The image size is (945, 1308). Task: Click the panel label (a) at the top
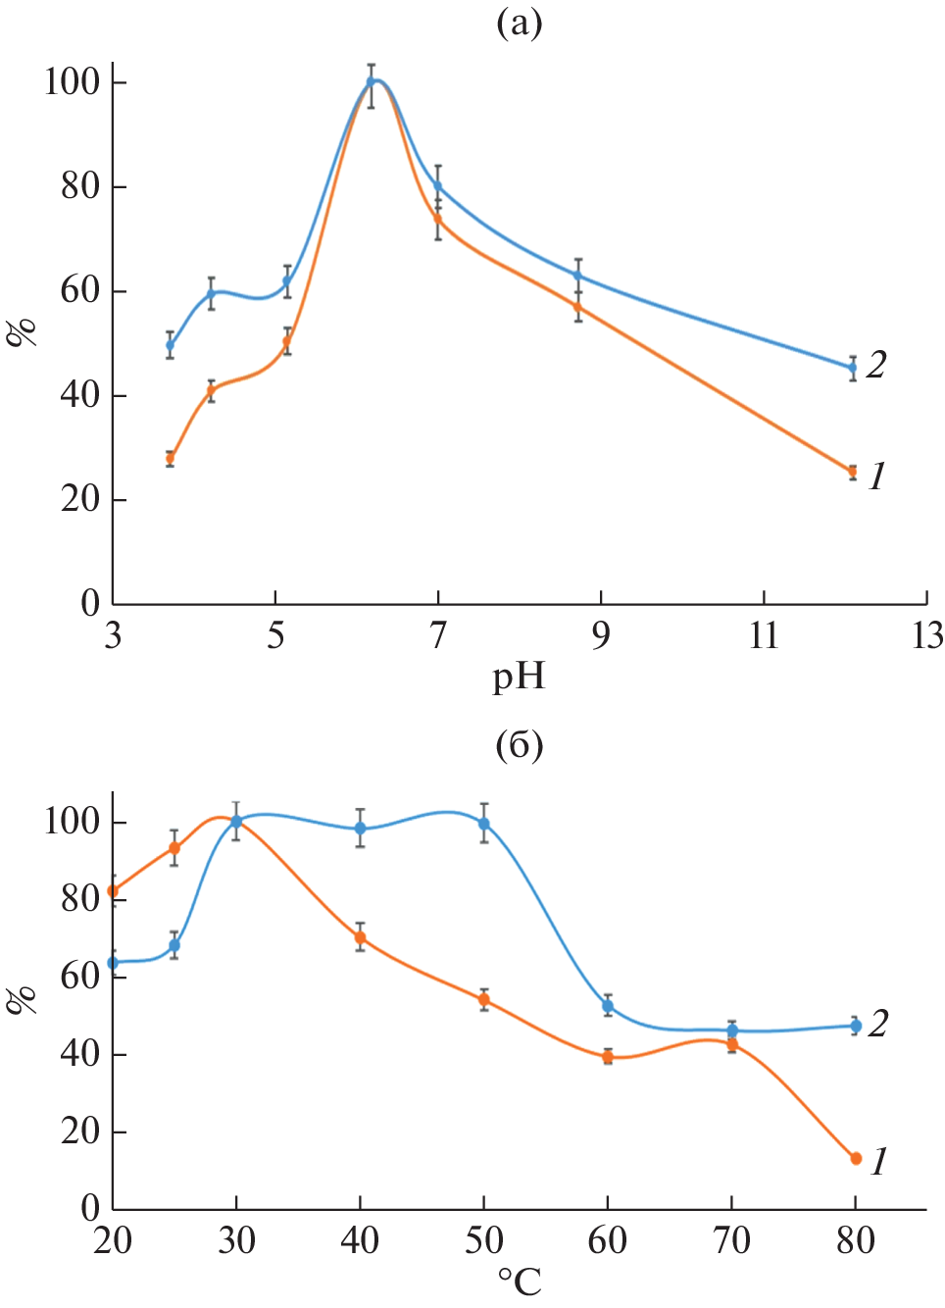coord(519,23)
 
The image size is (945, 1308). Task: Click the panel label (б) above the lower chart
coord(519,746)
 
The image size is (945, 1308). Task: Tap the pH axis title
coord(519,677)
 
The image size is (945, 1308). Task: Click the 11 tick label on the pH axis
coord(764,636)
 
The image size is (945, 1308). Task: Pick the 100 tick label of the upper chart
coord(73,81)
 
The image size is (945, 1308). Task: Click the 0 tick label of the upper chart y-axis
coord(90,603)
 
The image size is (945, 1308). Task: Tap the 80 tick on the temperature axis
coord(856,1241)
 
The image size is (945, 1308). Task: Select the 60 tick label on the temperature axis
coord(608,1241)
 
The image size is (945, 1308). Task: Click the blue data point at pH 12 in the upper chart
coord(853,368)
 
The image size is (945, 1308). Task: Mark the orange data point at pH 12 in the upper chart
coord(853,472)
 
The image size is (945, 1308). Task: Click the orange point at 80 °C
coord(856,1158)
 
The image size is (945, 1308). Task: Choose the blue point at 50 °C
coord(484,824)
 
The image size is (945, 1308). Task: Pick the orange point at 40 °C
coord(361,937)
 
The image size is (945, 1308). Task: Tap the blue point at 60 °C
coord(608,1006)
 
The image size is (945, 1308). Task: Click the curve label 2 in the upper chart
coord(876,365)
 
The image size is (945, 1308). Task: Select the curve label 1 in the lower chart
coord(879,1162)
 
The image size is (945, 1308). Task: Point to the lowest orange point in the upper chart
coord(853,472)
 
